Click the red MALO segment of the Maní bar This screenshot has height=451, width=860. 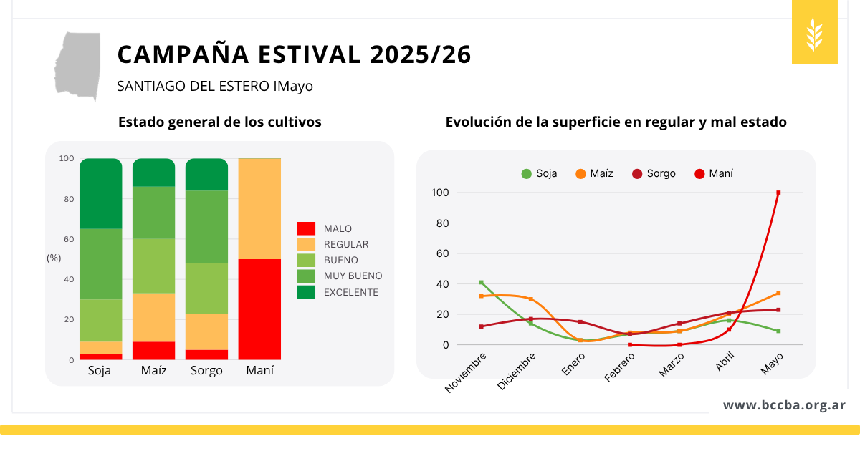pyautogui.click(x=259, y=309)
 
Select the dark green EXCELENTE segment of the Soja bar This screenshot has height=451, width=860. pyautogui.click(x=101, y=194)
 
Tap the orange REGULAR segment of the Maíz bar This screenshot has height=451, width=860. pyautogui.click(x=153, y=318)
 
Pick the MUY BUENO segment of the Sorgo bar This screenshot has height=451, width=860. pyautogui.click(x=206, y=227)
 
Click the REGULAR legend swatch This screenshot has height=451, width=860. pyautogui.click(x=306, y=244)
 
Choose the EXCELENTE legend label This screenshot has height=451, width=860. pyautogui.click(x=351, y=292)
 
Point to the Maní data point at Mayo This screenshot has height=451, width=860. pyautogui.click(x=778, y=193)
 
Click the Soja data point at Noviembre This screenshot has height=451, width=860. pyautogui.click(x=482, y=283)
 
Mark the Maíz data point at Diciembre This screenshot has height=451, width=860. pyautogui.click(x=531, y=299)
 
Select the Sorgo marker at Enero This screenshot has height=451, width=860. pyautogui.click(x=580, y=321)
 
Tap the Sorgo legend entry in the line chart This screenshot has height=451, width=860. pyautogui.click(x=654, y=174)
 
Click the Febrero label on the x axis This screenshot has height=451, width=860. pyautogui.click(x=619, y=367)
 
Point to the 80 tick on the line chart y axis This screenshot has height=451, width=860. pyautogui.click(x=442, y=223)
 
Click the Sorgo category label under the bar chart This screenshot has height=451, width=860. pyautogui.click(x=206, y=371)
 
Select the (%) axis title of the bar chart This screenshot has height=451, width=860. pyautogui.click(x=54, y=258)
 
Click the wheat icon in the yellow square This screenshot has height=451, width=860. pyautogui.click(x=814, y=34)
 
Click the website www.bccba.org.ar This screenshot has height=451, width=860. pyautogui.click(x=784, y=405)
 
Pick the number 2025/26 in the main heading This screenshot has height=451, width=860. pyautogui.click(x=421, y=54)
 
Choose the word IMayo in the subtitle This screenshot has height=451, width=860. pyautogui.click(x=293, y=87)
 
